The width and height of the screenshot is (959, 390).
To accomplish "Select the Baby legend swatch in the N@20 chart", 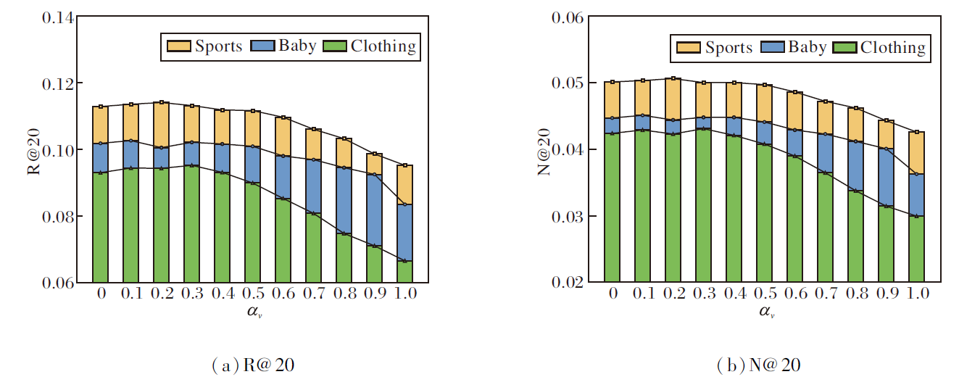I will pyautogui.click(x=773, y=48).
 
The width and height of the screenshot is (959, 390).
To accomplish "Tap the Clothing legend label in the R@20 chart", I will pyautogui.click(x=383, y=46).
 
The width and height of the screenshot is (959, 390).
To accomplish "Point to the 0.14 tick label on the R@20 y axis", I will pyautogui.click(x=55, y=17).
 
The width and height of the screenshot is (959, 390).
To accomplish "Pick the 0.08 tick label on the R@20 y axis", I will pyautogui.click(x=55, y=217).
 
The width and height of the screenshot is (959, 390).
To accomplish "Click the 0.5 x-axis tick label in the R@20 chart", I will pyautogui.click(x=252, y=294).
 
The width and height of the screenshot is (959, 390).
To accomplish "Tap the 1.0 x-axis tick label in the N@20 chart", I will pyautogui.click(x=916, y=294).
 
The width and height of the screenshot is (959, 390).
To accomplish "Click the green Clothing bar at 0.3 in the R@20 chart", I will pyautogui.click(x=191, y=224).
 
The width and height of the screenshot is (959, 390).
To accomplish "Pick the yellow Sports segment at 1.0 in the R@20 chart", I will pyautogui.click(x=404, y=185).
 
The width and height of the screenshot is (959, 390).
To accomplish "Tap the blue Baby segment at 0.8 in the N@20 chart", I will pyautogui.click(x=855, y=166).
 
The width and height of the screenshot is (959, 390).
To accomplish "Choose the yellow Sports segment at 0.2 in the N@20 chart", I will pyautogui.click(x=673, y=99).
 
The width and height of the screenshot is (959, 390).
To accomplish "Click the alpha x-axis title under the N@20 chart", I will pyautogui.click(x=765, y=312).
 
